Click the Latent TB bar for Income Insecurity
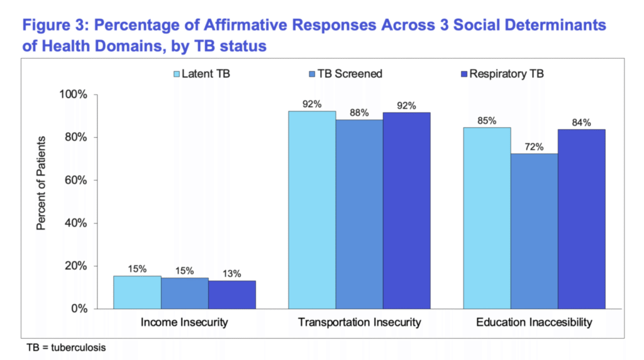point(137,292)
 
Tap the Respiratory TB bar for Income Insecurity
point(232,295)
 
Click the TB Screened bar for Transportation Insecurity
point(359,214)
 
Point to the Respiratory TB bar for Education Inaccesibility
point(581,219)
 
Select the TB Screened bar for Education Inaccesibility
point(534,231)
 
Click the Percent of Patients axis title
point(41,183)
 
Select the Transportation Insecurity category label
point(359,323)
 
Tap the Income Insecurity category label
point(185,323)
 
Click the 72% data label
point(534,146)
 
